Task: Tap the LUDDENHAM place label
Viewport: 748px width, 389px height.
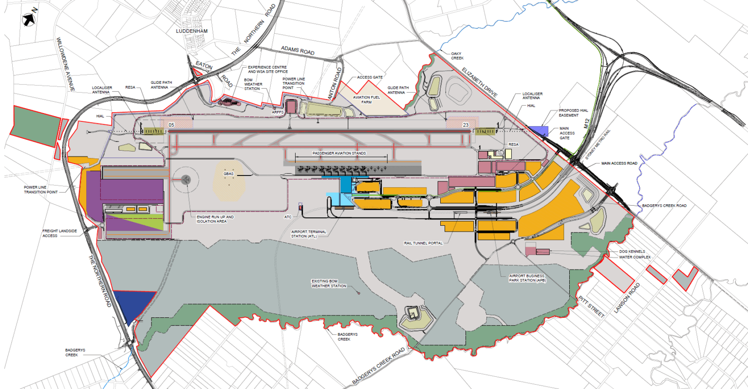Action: tap(191, 31)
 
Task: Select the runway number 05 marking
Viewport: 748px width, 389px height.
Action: tap(171, 125)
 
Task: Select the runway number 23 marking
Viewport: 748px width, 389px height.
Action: tap(466, 125)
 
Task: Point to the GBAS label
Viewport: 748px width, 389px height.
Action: tap(228, 174)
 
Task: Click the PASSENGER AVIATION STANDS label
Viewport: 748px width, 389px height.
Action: tap(339, 153)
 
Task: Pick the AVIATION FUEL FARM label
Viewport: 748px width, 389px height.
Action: tap(366, 99)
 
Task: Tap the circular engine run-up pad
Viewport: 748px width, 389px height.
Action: tap(186, 180)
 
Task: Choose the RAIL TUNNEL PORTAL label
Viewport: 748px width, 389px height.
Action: tap(423, 243)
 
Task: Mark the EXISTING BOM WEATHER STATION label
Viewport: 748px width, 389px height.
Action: tap(329, 283)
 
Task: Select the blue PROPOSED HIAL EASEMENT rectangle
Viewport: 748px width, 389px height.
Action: tap(538, 130)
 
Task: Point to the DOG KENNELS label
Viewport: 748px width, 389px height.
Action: tap(632, 252)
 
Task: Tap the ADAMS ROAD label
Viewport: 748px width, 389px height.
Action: tap(298, 50)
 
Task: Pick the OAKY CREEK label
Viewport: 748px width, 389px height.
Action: tap(457, 56)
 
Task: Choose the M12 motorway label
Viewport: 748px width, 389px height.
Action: tap(587, 125)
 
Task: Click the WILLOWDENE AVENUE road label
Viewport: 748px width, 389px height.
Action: tap(65, 64)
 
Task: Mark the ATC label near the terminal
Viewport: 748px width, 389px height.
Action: tap(288, 217)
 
